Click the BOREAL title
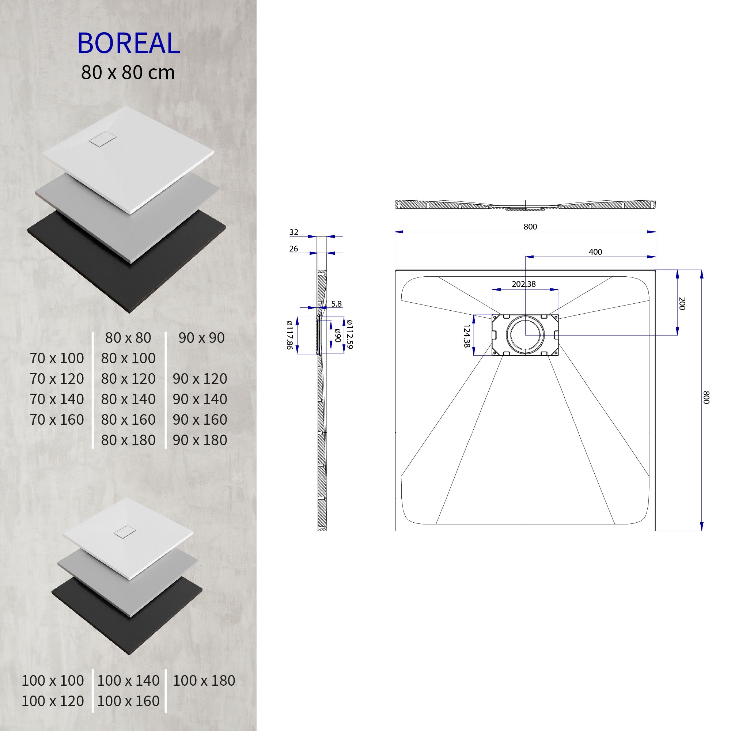click(x=128, y=43)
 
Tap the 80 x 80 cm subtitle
click(x=128, y=73)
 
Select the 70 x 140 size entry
click(x=57, y=399)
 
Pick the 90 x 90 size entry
click(x=201, y=338)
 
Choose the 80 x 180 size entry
click(x=128, y=440)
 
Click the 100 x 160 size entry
click(x=128, y=701)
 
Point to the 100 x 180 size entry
click(x=204, y=681)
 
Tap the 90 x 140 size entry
click(x=200, y=399)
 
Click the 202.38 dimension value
click(x=524, y=284)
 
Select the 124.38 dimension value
click(x=466, y=336)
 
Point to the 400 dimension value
click(x=595, y=252)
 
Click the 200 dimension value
click(x=682, y=303)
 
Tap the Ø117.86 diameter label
click(x=289, y=334)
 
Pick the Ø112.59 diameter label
click(x=350, y=334)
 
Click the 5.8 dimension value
click(x=336, y=304)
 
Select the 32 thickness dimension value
click(x=293, y=232)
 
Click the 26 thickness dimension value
click(x=293, y=249)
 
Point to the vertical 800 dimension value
click(x=706, y=397)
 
